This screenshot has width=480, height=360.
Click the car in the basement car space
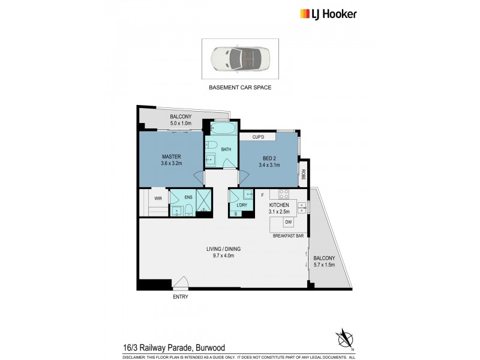[x=239, y=59]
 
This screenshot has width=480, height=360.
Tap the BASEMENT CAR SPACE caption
[x=239, y=88]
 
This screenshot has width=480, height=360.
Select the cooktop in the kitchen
[x=283, y=194]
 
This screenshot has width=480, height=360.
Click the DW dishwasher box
[x=289, y=223]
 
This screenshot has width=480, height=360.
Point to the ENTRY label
[x=180, y=297]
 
